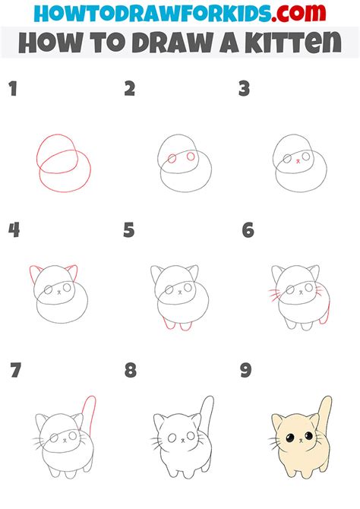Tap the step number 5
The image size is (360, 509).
click(129, 230)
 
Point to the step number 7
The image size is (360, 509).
click(15, 371)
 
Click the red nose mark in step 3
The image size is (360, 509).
click(297, 160)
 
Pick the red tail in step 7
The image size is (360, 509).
click(89, 414)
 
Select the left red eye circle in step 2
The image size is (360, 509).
click(174, 159)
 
